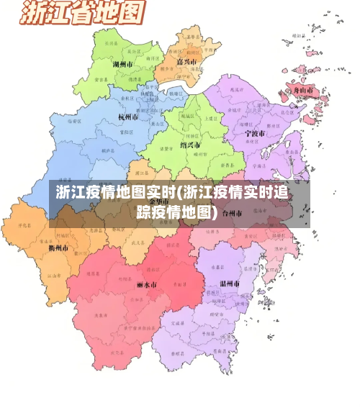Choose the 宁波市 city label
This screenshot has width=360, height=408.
[x=255, y=134]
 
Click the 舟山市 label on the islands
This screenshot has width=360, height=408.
[x=302, y=91]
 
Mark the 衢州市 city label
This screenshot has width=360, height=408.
[x=58, y=248]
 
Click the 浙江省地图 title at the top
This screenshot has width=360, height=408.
[x=81, y=14]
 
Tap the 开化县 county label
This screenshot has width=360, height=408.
[x=24, y=226]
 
